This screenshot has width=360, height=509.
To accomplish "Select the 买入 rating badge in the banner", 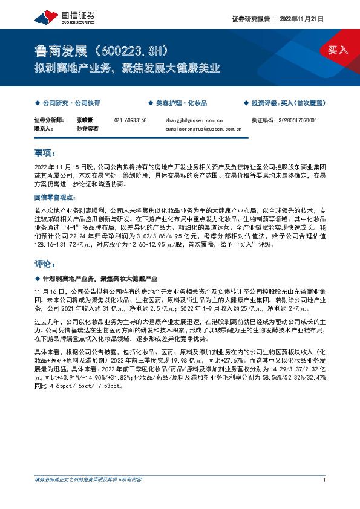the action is (338, 50).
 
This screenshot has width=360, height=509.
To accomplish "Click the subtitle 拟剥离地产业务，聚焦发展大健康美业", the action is (127, 68).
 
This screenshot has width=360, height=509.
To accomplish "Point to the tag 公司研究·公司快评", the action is (70, 103).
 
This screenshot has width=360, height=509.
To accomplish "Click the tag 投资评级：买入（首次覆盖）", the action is (287, 103).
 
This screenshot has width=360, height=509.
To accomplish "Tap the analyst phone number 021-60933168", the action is (130, 120).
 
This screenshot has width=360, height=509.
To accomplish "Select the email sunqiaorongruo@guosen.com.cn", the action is (203, 129).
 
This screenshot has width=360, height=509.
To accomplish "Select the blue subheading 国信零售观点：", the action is (56, 197).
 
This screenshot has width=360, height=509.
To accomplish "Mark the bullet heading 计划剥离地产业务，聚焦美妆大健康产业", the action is (100, 278).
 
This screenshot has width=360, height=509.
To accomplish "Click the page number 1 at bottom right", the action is (325, 480).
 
